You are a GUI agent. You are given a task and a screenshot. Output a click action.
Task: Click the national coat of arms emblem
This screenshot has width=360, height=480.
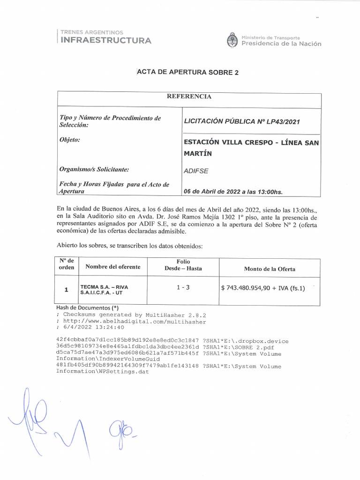click(232, 40)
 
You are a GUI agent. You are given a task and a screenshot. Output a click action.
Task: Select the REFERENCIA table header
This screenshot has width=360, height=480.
click(189, 97)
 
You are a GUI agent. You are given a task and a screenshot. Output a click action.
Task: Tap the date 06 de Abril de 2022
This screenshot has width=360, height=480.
click(217, 191)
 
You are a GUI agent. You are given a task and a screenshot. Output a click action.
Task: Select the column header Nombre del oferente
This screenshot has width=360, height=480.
click(112, 267)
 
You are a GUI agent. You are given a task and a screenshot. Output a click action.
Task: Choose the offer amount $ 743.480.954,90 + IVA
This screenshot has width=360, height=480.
click(262, 288)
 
